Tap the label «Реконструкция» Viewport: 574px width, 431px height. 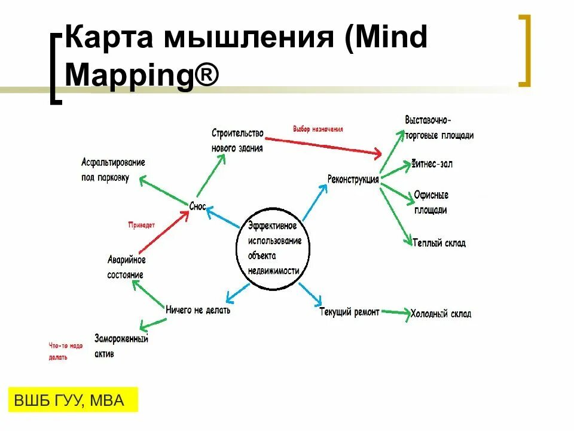[353, 179]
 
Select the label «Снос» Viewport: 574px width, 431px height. [197, 207]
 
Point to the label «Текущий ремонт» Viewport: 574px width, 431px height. [349, 312]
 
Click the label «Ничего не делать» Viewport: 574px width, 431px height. [197, 310]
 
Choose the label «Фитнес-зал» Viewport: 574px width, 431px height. [431, 163]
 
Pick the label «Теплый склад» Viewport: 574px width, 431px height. [439, 243]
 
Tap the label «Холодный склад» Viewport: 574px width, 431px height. [441, 314]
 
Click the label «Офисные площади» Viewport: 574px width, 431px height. [430, 202]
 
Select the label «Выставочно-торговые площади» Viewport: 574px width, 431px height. [439, 128]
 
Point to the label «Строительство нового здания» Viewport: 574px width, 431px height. [237, 140]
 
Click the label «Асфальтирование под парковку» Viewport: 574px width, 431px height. [113, 171]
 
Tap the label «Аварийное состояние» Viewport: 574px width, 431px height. [126, 268]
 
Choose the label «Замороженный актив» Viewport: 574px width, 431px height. [121, 346]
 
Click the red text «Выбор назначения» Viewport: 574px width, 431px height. [317, 129]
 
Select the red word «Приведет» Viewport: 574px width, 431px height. [142, 225]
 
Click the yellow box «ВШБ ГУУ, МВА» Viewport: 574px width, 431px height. [73, 400]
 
